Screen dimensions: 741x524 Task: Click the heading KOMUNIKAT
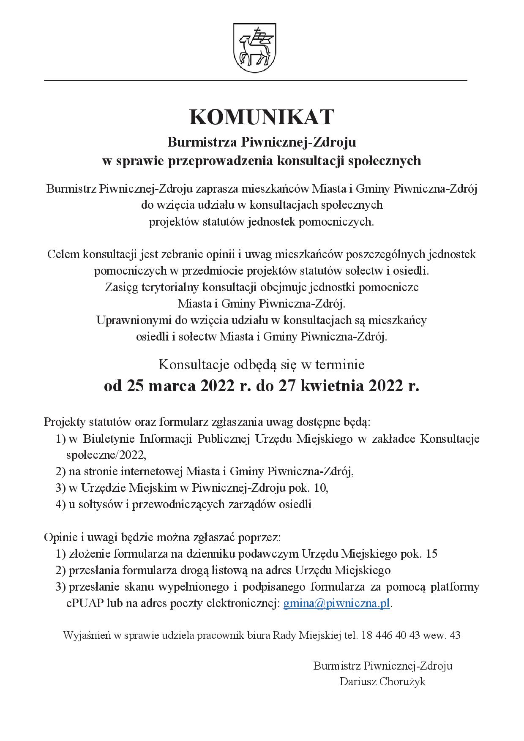click(262, 117)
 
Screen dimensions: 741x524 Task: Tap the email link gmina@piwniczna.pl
click(336, 603)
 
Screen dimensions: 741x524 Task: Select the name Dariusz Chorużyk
click(382, 681)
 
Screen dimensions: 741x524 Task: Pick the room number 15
click(431, 553)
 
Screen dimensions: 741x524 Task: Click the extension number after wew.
click(456, 635)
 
